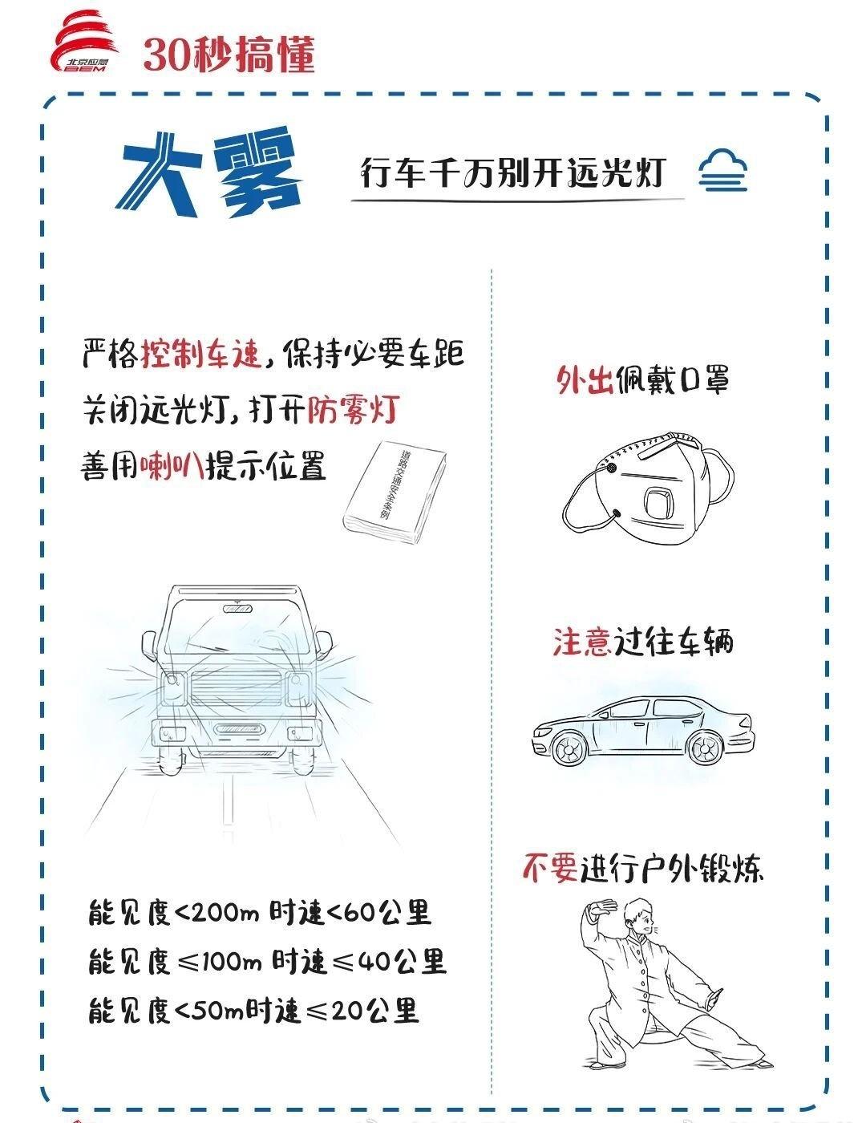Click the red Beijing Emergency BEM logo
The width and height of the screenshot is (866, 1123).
[85, 43]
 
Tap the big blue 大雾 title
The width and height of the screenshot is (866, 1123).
[208, 172]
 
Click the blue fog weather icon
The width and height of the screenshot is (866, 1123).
[722, 171]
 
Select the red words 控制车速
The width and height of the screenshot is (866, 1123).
[201, 354]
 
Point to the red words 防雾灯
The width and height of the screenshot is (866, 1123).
[354, 411]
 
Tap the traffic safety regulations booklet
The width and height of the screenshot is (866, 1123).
[395, 492]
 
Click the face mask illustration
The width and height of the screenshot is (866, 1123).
[649, 486]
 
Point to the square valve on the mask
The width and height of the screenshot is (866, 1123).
[659, 502]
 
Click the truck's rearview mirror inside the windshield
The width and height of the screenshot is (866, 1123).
[237, 609]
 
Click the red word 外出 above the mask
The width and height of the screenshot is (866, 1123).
[584, 380]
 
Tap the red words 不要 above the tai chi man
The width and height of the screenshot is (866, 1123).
[550, 866]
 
